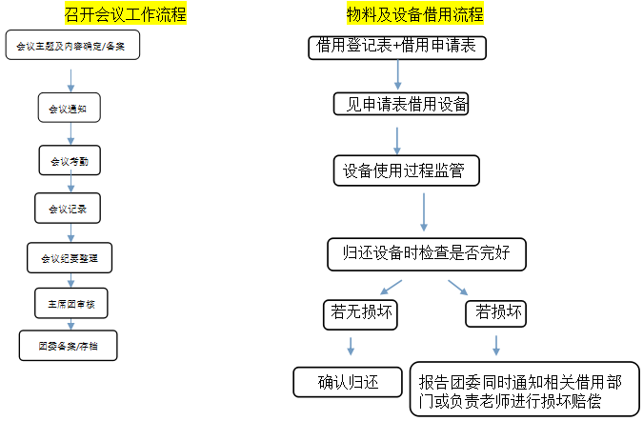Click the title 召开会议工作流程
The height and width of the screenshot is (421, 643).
[132, 14]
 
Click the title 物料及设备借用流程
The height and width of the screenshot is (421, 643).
[414, 14]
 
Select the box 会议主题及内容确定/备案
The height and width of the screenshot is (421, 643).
[71, 45]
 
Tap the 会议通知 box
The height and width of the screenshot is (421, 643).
[68, 109]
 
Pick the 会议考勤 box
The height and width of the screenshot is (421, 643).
[70, 161]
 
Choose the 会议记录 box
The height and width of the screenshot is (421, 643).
[68, 206]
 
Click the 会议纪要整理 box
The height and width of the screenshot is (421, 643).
[70, 257]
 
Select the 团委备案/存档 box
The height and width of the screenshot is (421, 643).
[70, 346]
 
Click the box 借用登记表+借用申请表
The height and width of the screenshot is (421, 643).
[398, 47]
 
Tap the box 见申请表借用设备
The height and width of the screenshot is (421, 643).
[401, 103]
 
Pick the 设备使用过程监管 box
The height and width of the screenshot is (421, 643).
[406, 170]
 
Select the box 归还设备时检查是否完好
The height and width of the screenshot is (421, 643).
[426, 252]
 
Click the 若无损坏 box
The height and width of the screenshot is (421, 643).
[358, 311]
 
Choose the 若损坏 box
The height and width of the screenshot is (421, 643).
[496, 311]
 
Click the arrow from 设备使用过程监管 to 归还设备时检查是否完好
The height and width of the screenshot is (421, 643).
[425, 210]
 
